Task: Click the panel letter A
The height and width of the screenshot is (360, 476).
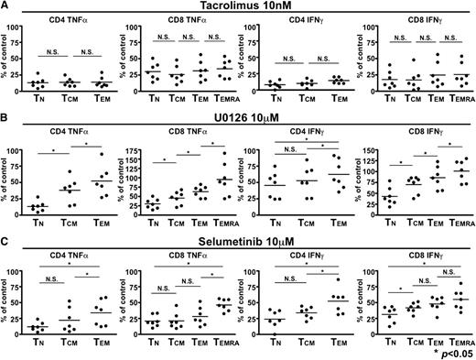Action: coord(5,7)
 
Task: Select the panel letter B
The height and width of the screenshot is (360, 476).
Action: coord(5,121)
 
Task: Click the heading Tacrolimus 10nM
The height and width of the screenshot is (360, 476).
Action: coord(239,7)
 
